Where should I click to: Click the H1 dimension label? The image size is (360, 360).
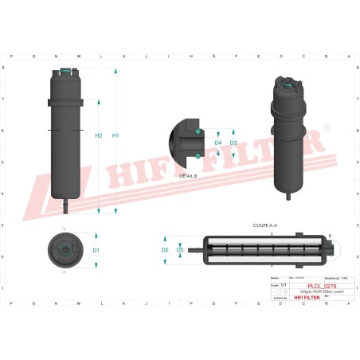115,135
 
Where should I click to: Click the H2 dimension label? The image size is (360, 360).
99,135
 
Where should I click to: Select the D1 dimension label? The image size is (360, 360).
96,250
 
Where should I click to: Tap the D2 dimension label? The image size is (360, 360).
165,249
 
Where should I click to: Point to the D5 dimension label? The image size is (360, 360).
180,249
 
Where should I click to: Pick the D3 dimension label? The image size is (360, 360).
233,143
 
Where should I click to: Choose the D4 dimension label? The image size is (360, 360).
218,143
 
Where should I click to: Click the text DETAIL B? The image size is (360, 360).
188,174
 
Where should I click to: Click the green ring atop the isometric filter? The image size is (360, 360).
288,81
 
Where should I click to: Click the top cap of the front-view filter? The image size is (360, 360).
65,76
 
